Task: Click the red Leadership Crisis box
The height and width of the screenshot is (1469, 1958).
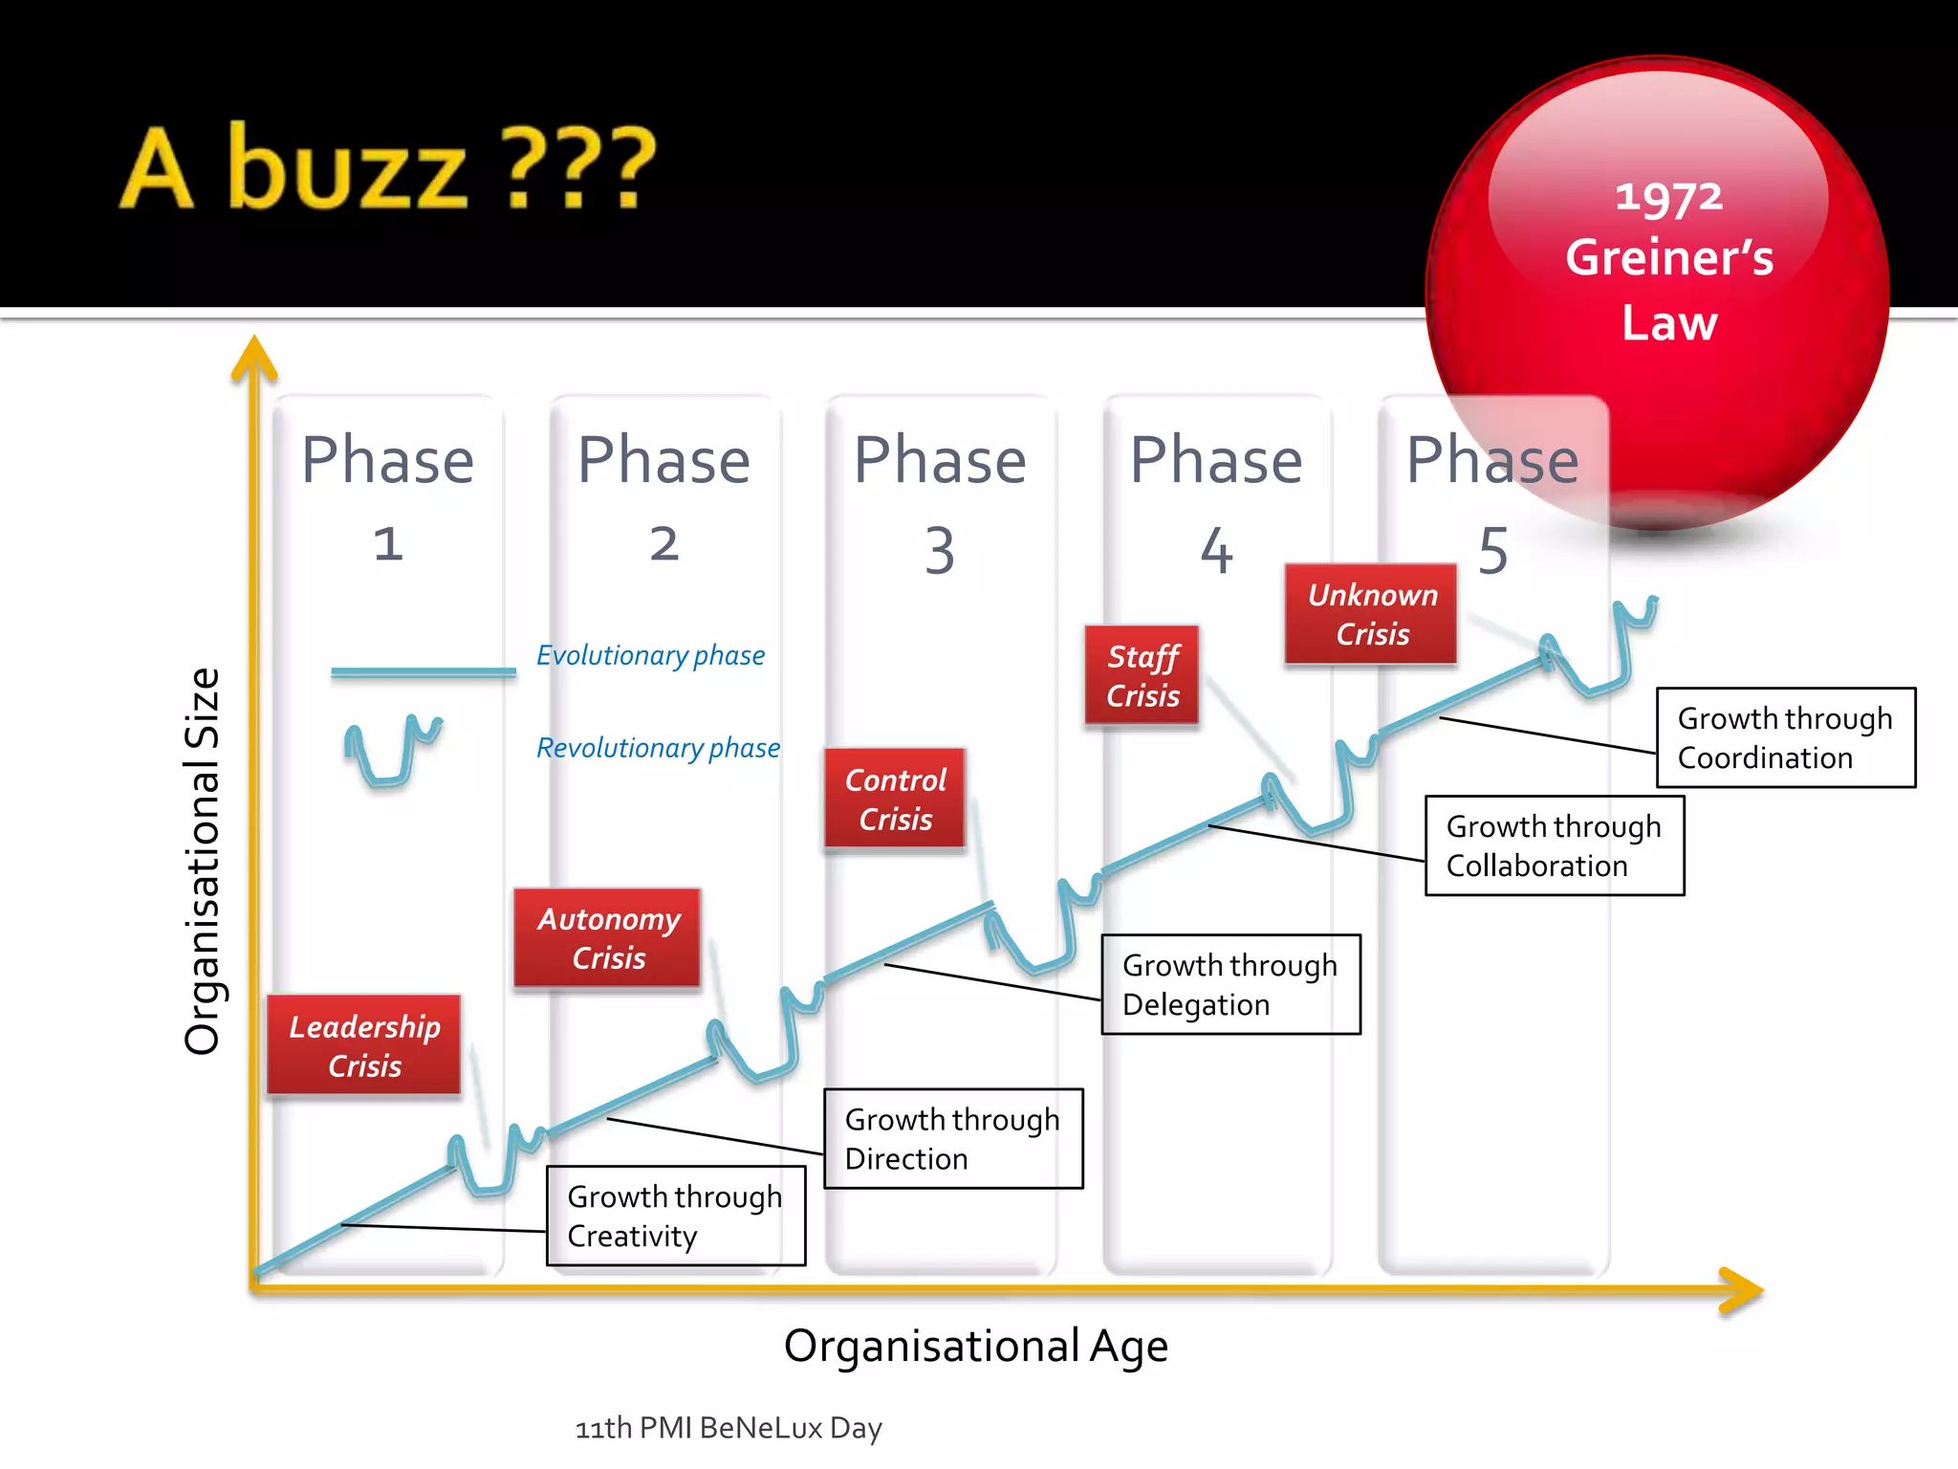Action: coord(364,1044)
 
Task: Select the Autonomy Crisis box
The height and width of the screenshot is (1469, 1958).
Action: coord(608,937)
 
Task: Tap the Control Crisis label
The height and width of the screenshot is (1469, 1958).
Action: coord(895,799)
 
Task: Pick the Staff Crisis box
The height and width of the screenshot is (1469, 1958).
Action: coord(1142,675)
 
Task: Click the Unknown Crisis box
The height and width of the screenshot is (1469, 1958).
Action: coord(1371,614)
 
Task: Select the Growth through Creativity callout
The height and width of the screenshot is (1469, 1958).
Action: coord(676,1216)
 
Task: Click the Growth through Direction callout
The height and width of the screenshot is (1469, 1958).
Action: coord(953,1138)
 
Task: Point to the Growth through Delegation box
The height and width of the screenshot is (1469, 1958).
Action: coord(1230,984)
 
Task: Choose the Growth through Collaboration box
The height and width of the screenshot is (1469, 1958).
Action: coord(1555,845)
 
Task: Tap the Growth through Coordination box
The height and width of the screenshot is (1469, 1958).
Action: coord(1785,737)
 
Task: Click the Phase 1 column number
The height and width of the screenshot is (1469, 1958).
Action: coord(388,544)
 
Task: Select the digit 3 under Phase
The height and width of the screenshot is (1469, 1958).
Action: coord(940,551)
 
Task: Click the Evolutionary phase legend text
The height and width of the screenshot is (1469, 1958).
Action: coord(650,655)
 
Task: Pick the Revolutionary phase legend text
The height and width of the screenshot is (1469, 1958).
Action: coord(658,748)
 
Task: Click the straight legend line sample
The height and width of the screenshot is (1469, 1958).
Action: coord(423,672)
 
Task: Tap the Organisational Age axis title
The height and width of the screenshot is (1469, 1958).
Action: coord(975,1346)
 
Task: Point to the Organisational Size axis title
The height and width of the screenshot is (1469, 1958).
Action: coord(202,861)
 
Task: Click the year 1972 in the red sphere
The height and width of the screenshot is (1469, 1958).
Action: coord(1668,198)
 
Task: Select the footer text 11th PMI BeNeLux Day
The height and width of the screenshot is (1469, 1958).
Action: coord(729,1428)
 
